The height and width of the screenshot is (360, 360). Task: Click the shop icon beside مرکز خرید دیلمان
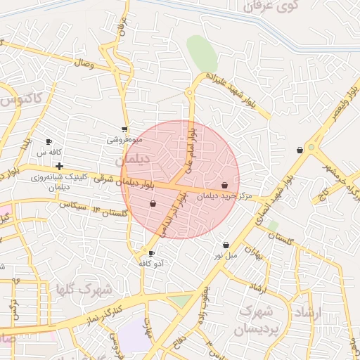point(224,186)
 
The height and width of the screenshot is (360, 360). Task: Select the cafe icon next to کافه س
point(49,142)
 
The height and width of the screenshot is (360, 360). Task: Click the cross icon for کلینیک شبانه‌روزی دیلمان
point(59,167)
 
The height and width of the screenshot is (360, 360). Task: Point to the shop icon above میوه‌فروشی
point(124,129)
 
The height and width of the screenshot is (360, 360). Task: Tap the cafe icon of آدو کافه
point(151,253)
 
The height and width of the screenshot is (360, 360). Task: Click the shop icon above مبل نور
point(226,245)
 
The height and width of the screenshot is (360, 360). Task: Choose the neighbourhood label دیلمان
point(135,160)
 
